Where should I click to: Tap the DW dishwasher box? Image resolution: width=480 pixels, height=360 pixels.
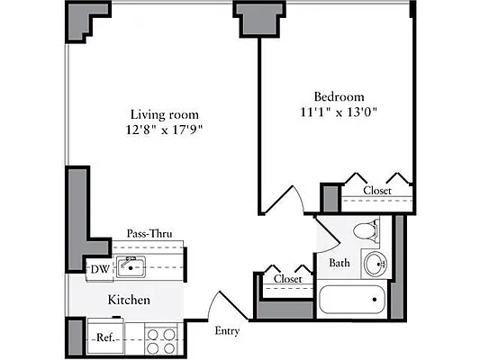pos(97,268)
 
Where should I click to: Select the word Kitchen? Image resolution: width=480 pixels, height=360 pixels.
pos(129,300)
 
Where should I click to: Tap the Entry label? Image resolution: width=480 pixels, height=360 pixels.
pos(227,330)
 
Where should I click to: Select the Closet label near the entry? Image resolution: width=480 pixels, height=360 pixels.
pos(287,279)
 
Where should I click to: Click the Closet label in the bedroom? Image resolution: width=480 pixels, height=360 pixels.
pos(376,190)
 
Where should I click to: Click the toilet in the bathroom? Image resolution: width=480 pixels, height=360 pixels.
pos(366,231)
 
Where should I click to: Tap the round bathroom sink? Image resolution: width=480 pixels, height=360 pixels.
pos(375,265)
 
